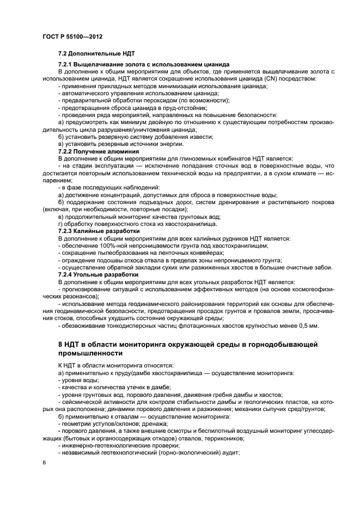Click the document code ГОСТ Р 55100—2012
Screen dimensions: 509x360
[72, 36]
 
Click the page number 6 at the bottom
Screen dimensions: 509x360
[44, 462]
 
